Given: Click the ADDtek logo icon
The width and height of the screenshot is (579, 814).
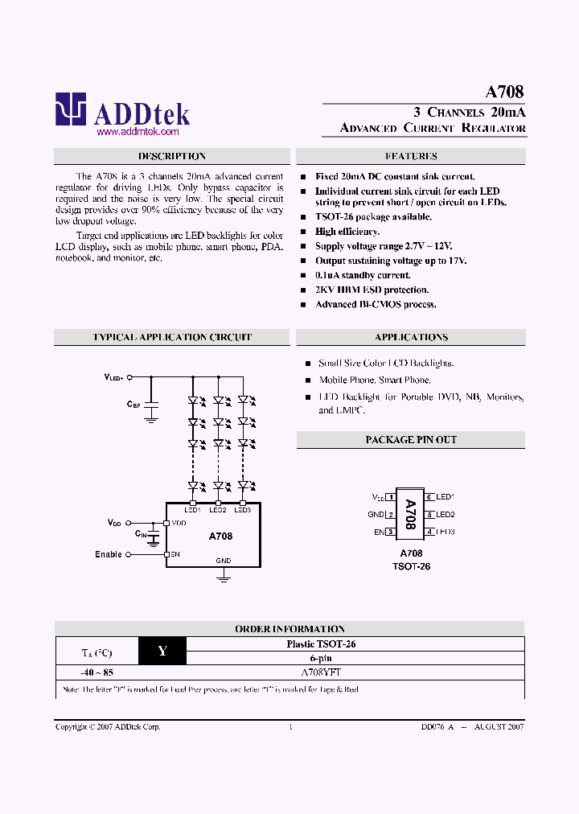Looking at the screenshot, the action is (70, 109).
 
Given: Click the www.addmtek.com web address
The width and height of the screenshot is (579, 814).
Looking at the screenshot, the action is (137, 131).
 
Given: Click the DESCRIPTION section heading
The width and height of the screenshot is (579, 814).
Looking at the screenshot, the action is (172, 157).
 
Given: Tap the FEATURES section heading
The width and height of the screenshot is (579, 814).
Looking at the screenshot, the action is (411, 157).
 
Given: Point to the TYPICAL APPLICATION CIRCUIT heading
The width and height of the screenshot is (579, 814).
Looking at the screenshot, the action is (172, 338).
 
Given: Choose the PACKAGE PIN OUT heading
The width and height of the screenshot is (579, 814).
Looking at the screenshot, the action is (411, 440).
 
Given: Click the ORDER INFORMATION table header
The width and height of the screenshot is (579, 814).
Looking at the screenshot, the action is (289, 629).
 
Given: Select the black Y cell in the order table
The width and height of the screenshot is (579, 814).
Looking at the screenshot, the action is (162, 651).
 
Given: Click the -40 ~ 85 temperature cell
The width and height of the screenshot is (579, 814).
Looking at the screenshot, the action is (96, 672).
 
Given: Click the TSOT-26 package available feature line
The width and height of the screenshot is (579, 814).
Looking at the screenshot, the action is (373, 217).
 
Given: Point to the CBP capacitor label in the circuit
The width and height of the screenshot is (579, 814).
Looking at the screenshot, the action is (133, 405).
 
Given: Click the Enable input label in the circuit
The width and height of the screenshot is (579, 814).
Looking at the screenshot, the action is (109, 554).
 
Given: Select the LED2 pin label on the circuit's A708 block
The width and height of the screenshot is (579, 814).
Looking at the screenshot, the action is (217, 509).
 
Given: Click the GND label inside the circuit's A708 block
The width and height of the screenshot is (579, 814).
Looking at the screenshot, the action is (223, 561).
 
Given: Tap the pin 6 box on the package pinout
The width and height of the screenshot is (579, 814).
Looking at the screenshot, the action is (430, 497).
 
